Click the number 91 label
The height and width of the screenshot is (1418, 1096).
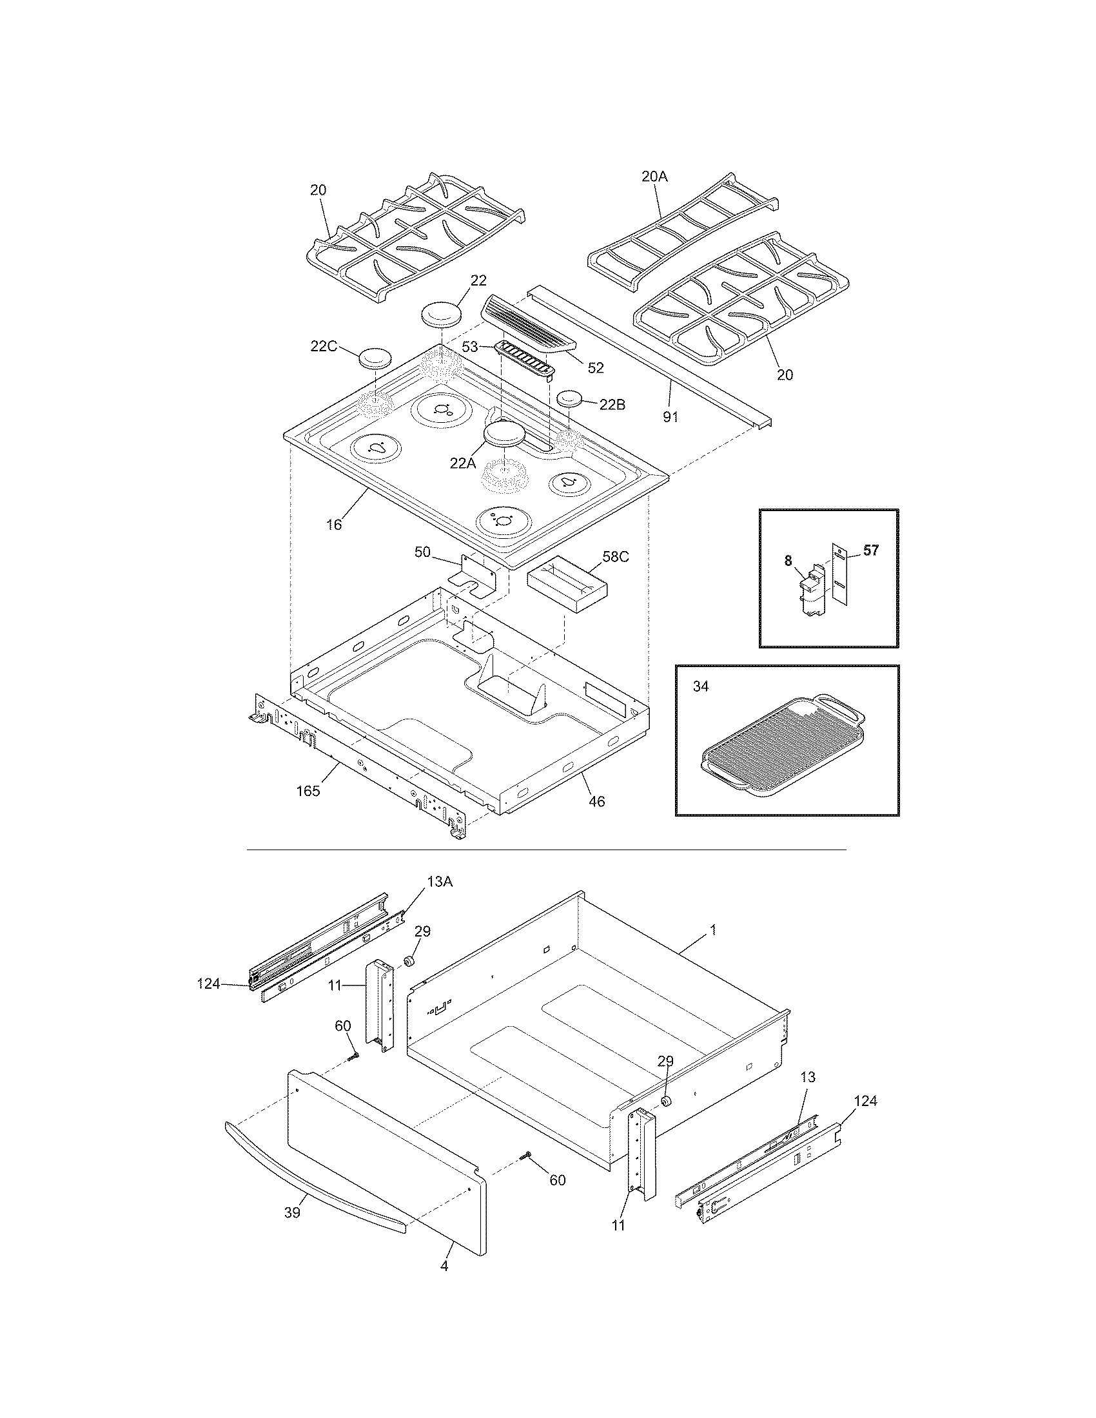tap(670, 417)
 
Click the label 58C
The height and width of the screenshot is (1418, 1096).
tap(616, 556)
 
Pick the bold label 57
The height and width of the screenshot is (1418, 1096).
tap(871, 550)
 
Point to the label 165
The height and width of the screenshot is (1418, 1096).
tap(308, 791)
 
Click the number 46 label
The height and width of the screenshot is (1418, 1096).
tap(596, 802)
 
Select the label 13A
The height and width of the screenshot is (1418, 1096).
tap(439, 881)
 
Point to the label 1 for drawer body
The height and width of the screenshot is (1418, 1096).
tap(712, 930)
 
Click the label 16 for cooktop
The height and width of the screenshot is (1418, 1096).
tap(334, 525)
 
